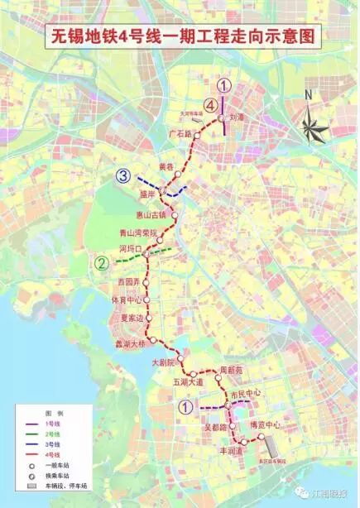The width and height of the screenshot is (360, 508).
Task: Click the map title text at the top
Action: tap(180, 37)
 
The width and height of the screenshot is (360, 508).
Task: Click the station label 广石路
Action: tap(179, 133)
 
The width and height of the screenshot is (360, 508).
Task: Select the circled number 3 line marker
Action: tap(122, 175)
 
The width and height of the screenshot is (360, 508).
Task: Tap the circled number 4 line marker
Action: tap(212, 106)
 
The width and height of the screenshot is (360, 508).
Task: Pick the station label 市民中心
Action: tap(246, 393)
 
